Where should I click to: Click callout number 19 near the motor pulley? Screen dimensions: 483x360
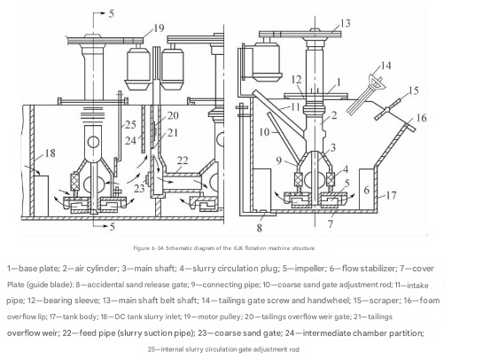tap(159, 28)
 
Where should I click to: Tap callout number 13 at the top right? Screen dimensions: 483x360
tap(346, 23)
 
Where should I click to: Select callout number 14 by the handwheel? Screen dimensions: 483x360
tap(386, 66)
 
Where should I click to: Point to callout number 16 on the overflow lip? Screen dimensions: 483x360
tap(421, 118)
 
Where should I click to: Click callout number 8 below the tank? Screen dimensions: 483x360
tap(260, 228)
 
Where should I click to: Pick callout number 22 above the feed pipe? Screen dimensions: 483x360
tap(183, 160)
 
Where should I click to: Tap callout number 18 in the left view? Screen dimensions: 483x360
tap(51, 153)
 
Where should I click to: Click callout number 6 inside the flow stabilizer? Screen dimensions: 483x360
tap(367, 190)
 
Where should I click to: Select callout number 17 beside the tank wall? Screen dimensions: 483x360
tap(391, 195)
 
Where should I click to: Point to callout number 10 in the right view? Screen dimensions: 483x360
tap(265, 132)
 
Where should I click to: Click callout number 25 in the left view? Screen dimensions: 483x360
tap(130, 124)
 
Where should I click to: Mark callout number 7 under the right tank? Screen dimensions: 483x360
tap(331, 224)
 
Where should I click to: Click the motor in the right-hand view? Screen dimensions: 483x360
tap(267, 62)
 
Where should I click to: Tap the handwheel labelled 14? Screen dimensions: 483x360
tap(377, 81)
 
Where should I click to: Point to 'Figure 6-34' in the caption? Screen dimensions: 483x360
tap(148, 248)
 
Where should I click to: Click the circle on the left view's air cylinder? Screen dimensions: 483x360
tap(93, 142)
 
